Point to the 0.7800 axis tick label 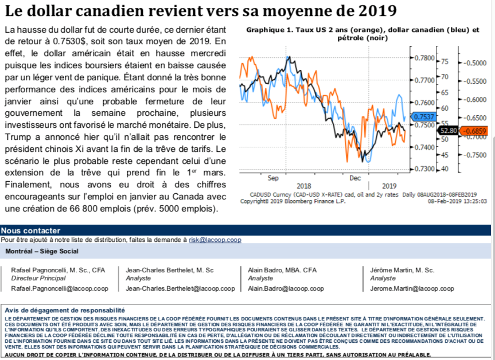[x=424, y=58]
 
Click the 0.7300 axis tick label [x=424, y=169]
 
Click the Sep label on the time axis [x=272, y=178]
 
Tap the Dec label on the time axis [x=356, y=178]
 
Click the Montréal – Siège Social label [x=42, y=251]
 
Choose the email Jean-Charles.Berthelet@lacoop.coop [x=180, y=288]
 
